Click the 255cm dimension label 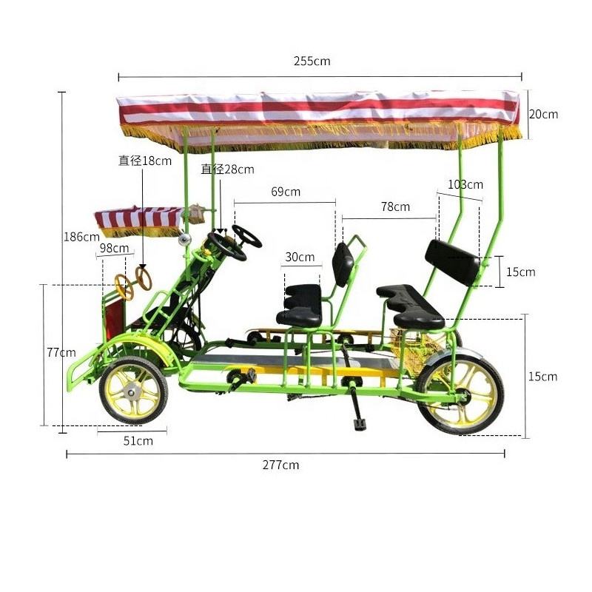pyautogui.click(x=312, y=61)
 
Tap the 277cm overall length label pyautogui.click(x=280, y=465)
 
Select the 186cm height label pyautogui.click(x=81, y=237)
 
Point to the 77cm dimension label pyautogui.click(x=61, y=352)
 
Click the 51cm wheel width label pyautogui.click(x=138, y=440)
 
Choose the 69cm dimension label pyautogui.click(x=286, y=192)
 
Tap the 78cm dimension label pyautogui.click(x=395, y=206)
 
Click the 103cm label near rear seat pyautogui.click(x=465, y=184)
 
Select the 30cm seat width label pyautogui.click(x=300, y=257)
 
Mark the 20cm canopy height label pyautogui.click(x=543, y=114)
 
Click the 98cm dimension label pyautogui.click(x=114, y=248)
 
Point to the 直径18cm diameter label pyautogui.click(x=145, y=161)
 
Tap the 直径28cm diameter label pyautogui.click(x=227, y=169)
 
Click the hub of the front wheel pyautogui.click(x=132, y=393)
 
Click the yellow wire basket pyautogui.click(x=414, y=343)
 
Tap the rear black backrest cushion pyautogui.click(x=452, y=262)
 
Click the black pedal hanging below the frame pyautogui.click(x=360, y=424)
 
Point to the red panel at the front pyautogui.click(x=114, y=320)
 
